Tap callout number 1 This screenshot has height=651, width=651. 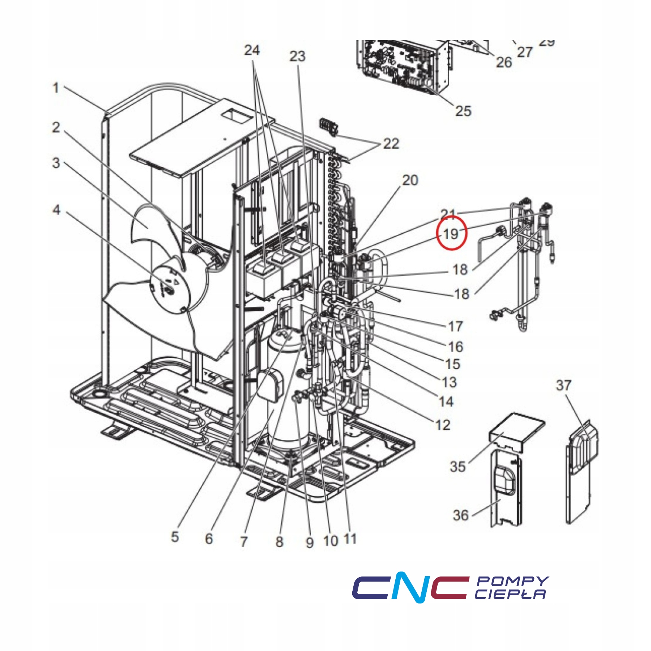(55, 88)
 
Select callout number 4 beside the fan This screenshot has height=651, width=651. (56, 210)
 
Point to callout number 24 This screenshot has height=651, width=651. (252, 50)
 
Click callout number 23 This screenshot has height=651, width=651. (297, 56)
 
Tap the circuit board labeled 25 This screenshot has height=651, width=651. (401, 65)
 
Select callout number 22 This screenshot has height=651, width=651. (391, 144)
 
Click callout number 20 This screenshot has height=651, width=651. (410, 180)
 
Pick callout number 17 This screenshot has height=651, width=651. (455, 326)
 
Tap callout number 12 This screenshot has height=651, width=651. (443, 425)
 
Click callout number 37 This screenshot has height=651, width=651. (563, 386)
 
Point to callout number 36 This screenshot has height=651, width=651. (460, 515)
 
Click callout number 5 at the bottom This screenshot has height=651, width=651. (175, 537)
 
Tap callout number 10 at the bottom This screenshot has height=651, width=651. (330, 541)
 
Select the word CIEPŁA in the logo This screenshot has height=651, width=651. (510, 594)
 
